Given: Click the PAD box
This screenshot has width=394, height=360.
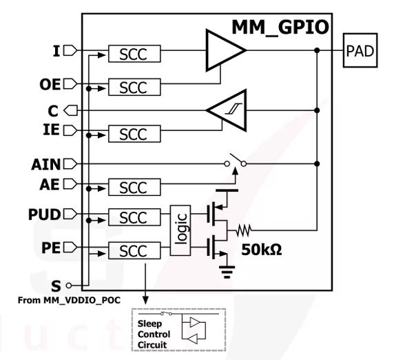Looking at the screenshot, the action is point(360,50).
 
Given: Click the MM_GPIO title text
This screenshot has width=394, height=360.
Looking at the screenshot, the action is point(280,27).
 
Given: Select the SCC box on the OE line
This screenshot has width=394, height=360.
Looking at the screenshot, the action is point(134,87).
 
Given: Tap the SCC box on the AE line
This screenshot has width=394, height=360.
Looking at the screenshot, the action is point(134,187).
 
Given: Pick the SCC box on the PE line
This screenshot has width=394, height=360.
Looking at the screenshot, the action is point(134,250).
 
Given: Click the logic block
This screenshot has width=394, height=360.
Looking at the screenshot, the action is point(180,230).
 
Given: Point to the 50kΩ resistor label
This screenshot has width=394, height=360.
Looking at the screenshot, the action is point(262,250).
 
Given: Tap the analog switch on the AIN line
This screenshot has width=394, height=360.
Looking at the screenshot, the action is point(236,161).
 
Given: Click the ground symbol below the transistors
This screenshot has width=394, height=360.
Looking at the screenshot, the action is point(227,272).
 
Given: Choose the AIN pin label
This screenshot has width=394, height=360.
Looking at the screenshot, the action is point(46,165).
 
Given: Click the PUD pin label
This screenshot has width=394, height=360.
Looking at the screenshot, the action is point(45,214).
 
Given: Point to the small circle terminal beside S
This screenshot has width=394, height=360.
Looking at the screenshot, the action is point(69,286).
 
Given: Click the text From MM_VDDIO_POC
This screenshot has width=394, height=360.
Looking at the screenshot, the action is point(69,300).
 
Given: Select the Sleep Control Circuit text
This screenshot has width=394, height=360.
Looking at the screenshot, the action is point(154,334).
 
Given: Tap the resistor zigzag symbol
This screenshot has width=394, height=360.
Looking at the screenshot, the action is point(243,230).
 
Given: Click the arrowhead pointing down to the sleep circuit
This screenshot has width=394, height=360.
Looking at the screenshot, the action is point(145,300).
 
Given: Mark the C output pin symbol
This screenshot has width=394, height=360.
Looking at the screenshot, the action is point(71,110).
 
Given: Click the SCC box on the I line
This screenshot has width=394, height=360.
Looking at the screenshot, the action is point(134,54).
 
